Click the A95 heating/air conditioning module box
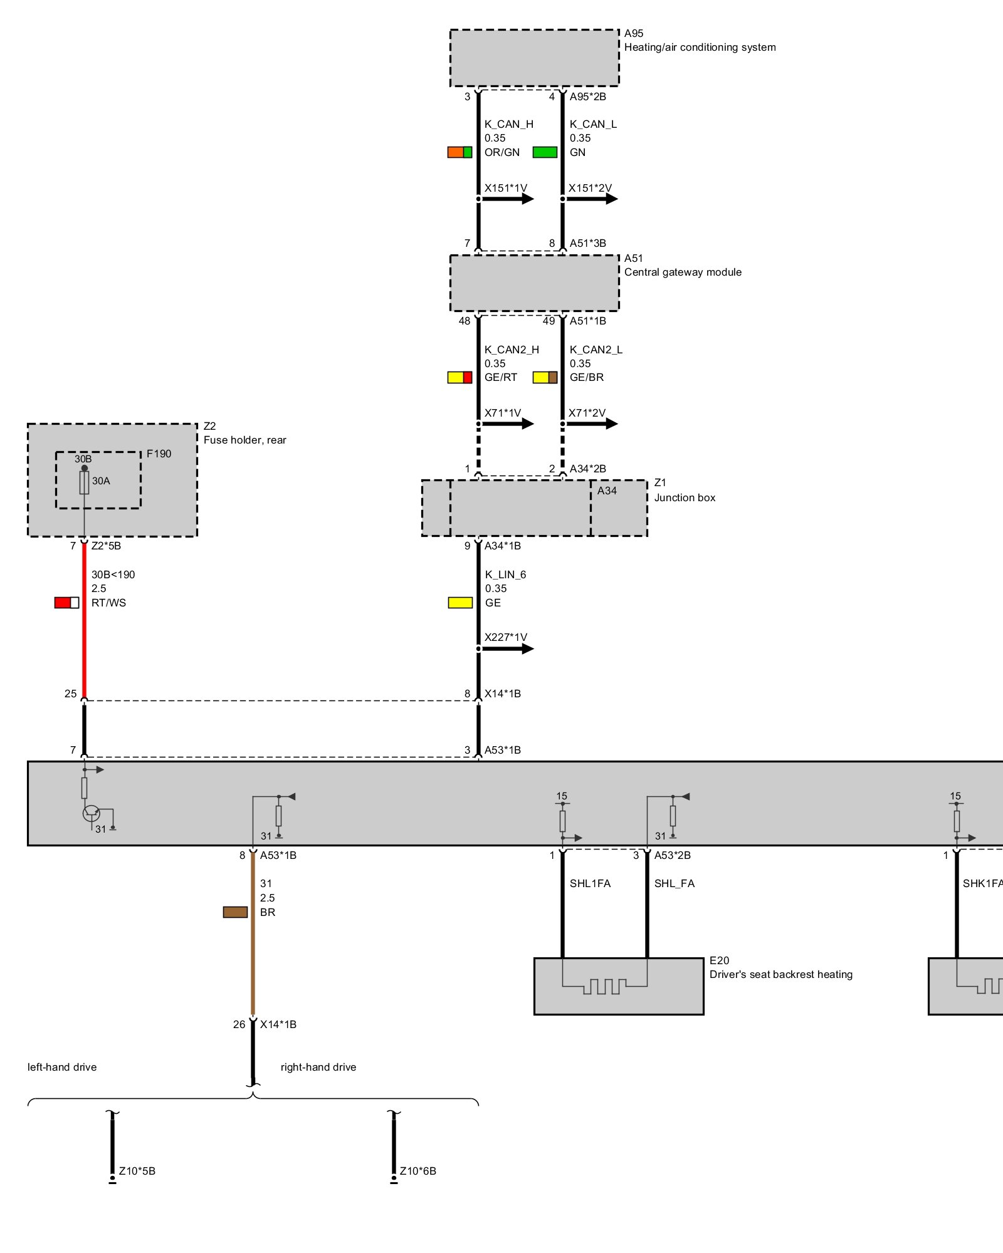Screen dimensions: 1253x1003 tap(534, 58)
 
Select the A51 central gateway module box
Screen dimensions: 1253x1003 tap(534, 283)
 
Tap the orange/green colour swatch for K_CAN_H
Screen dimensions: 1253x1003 tap(459, 152)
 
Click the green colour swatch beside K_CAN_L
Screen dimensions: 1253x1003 tap(545, 152)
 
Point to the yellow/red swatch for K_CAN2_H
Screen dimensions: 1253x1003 tap(459, 377)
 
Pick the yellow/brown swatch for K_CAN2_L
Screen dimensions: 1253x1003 tap(545, 377)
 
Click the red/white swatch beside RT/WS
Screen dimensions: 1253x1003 tap(66, 603)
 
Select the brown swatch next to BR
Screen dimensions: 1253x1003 tap(235, 912)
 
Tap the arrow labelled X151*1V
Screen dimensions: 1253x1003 tap(508, 199)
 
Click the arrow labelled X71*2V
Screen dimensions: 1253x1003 tap(592, 424)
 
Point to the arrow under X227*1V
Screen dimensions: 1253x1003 tap(508, 649)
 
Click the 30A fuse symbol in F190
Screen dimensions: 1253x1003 tap(84, 482)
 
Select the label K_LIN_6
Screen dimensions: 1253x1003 tap(505, 575)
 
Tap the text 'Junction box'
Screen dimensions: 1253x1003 tap(685, 497)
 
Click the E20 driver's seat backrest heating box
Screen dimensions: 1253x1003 tap(618, 985)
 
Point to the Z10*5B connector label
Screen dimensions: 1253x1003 tap(137, 1171)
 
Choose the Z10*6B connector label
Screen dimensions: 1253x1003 tap(418, 1171)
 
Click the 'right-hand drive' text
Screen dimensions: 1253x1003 tap(318, 1067)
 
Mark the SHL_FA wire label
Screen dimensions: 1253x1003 tap(675, 883)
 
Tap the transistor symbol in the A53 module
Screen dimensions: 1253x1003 tap(92, 813)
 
